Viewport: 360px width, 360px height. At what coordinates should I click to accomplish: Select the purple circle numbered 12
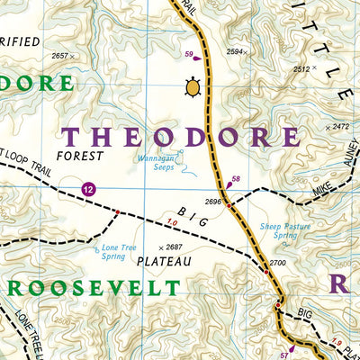(87, 188)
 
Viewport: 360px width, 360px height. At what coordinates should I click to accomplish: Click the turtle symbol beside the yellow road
(192, 87)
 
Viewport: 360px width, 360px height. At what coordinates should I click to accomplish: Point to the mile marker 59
(189, 56)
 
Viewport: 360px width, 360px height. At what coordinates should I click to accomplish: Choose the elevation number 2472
(339, 127)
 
